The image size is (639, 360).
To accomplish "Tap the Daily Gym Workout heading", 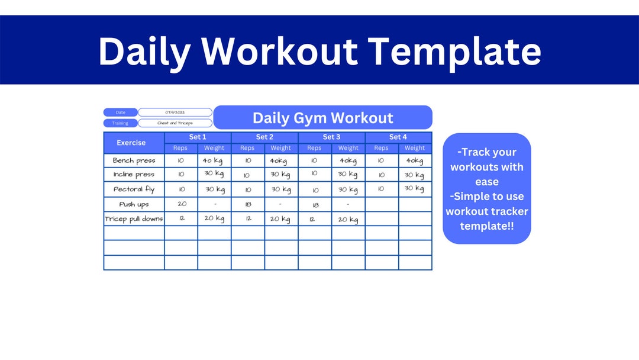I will (x=322, y=118).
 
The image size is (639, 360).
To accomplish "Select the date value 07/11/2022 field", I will (x=175, y=112).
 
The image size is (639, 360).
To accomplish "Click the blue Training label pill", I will (x=120, y=123).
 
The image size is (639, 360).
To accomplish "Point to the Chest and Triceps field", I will (x=175, y=123).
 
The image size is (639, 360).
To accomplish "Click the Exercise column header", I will (x=131, y=143).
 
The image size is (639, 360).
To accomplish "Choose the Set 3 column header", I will (x=331, y=137).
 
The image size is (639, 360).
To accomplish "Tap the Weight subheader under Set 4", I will (x=415, y=148).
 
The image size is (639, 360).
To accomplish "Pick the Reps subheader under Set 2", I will (x=247, y=148).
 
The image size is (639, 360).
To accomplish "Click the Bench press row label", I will (x=134, y=160).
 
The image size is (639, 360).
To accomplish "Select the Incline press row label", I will (x=134, y=175).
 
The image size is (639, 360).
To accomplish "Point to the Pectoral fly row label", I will (x=134, y=189).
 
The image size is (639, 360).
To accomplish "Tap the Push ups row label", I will (x=134, y=204).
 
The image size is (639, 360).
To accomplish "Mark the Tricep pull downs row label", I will (x=134, y=218).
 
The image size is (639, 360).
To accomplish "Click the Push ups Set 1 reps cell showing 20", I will (x=181, y=204).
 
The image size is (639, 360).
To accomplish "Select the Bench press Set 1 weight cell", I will (x=214, y=160).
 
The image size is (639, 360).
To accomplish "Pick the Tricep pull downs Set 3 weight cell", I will (x=348, y=219).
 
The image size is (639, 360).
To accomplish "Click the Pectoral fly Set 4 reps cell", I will (x=381, y=189).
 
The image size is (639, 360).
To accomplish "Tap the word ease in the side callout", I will (x=487, y=182).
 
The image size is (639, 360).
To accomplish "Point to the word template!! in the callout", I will (x=487, y=226).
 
